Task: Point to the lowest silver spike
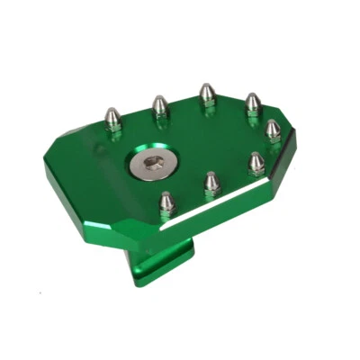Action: (166, 202)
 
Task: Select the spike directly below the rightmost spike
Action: (256, 163)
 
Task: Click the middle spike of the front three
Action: (211, 184)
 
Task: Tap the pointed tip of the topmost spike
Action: (206, 86)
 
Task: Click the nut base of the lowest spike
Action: (166, 211)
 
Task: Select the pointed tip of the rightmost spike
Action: (273, 123)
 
